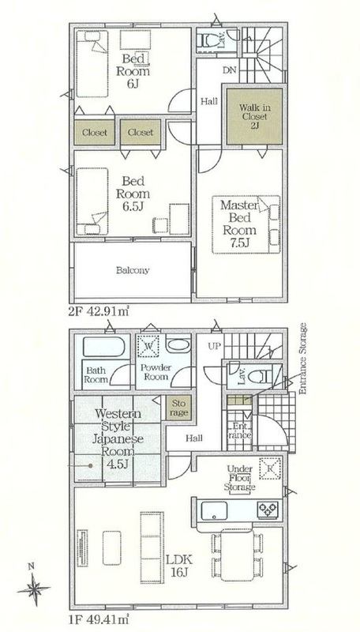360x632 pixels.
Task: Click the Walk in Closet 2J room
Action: [254, 116]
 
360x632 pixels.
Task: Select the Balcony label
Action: [133, 270]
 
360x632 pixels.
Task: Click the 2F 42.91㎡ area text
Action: [99, 311]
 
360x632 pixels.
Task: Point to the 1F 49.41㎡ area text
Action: [99, 617]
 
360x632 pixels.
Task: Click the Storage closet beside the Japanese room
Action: [178, 408]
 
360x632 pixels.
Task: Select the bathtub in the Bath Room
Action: [103, 347]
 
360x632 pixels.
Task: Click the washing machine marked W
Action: [148, 346]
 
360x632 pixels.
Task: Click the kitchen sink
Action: [214, 510]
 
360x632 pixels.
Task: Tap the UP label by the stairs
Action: [213, 346]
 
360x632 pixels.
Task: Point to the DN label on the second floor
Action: [229, 70]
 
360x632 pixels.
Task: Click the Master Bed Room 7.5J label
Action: [239, 224]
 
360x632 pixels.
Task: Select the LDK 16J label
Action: [179, 565]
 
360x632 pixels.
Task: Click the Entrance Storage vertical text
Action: [303, 358]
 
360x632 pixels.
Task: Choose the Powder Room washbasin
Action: [178, 346]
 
